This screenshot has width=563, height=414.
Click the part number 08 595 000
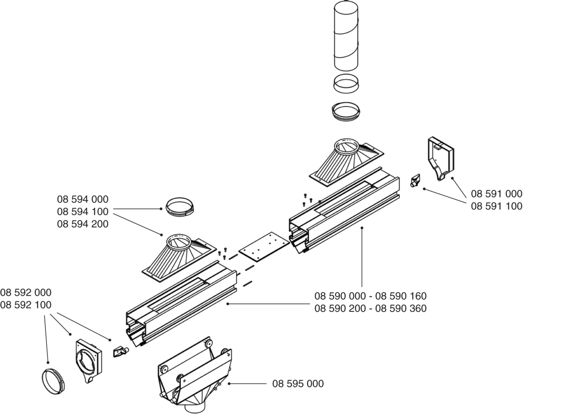click(x=298, y=384)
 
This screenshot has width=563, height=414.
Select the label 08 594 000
click(x=83, y=199)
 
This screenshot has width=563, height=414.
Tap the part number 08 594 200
click(x=83, y=224)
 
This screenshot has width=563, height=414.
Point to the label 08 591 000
click(x=497, y=194)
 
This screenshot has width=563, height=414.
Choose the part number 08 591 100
click(x=497, y=206)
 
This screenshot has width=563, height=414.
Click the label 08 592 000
click(x=26, y=292)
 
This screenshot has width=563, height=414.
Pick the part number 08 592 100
click(x=26, y=305)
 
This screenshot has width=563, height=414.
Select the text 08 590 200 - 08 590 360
click(x=370, y=308)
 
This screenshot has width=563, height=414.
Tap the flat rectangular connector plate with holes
click(x=264, y=247)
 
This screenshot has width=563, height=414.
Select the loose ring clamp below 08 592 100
click(x=53, y=381)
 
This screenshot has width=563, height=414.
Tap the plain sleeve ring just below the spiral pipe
click(x=346, y=84)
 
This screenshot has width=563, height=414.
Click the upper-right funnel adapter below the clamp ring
click(x=346, y=163)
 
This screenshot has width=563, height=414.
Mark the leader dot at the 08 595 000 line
click(x=229, y=384)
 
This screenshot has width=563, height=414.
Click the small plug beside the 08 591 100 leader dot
click(x=415, y=181)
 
